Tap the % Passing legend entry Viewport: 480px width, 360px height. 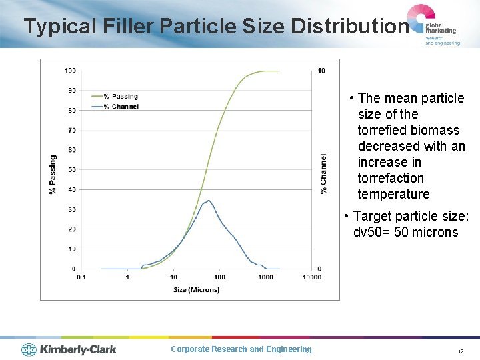pos(124,97)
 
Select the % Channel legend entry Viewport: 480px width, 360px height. pos(125,107)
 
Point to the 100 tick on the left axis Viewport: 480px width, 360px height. pos(70,71)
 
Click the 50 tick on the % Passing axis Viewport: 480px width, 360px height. pos(71,170)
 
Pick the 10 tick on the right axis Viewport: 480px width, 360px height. pos(322,71)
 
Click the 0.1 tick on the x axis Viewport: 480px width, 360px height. pos(81,277)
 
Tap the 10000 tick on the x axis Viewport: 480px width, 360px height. pos(311,277)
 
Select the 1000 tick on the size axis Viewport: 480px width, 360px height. pos(265,277)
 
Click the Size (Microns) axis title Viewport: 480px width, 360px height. pos(196,289)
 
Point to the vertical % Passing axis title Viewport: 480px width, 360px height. pos(53,175)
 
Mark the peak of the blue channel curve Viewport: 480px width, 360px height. pos(209,201)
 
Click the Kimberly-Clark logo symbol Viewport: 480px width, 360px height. pos(29,349)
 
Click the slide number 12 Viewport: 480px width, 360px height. pos(460,351)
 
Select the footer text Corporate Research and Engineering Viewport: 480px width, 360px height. pos(241,349)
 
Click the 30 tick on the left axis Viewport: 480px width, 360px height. pos(71,209)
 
